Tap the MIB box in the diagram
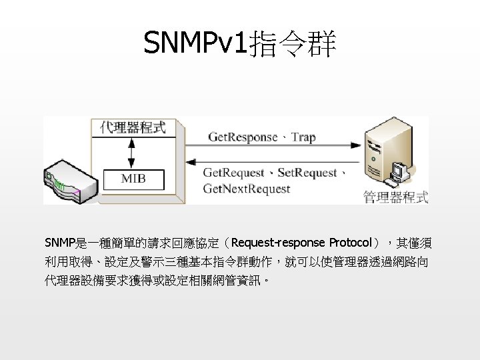click(x=133, y=179)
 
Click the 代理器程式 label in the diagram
click(x=133, y=127)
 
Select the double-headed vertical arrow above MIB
click(x=131, y=153)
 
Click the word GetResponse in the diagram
click(x=243, y=137)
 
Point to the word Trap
click(x=303, y=137)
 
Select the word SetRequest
click(x=307, y=173)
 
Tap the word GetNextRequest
click(x=247, y=189)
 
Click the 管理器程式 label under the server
click(x=395, y=197)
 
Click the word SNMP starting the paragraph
click(x=58, y=242)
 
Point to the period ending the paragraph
click(x=267, y=281)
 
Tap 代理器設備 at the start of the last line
click(x=71, y=280)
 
